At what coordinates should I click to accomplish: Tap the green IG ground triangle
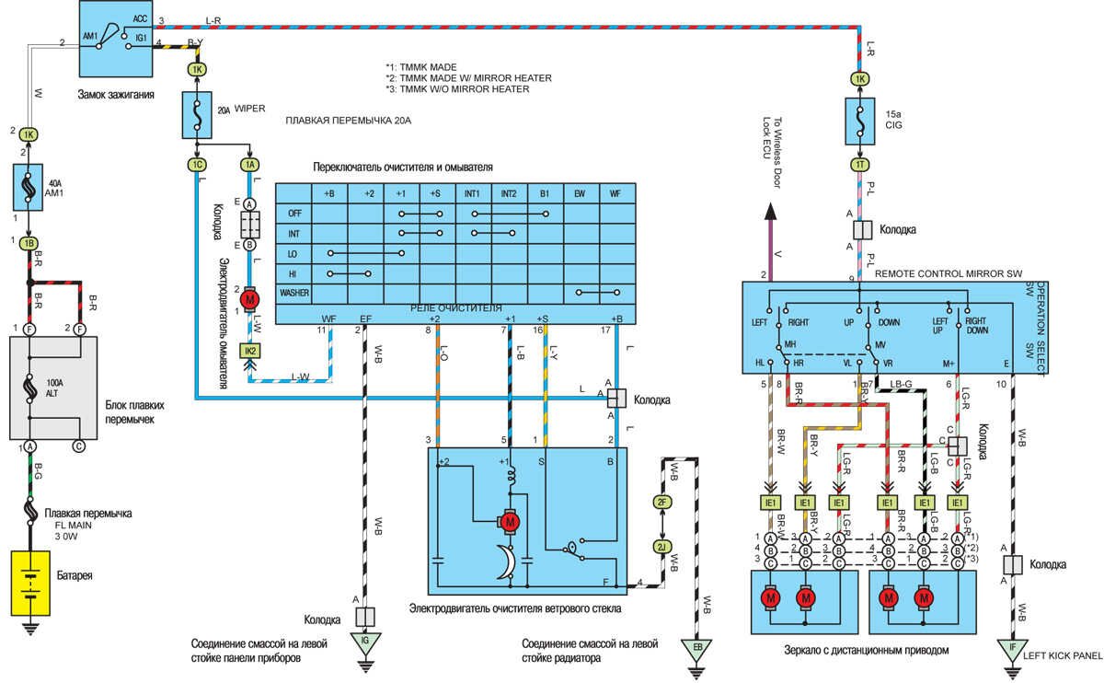364,642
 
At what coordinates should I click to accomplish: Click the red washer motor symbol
249,298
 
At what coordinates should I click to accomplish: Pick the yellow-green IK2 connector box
249,351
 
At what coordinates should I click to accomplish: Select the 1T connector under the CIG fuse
860,165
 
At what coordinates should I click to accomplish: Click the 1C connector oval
198,165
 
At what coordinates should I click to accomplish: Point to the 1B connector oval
29,242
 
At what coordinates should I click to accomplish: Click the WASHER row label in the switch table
294,293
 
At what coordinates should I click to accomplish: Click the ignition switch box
116,39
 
